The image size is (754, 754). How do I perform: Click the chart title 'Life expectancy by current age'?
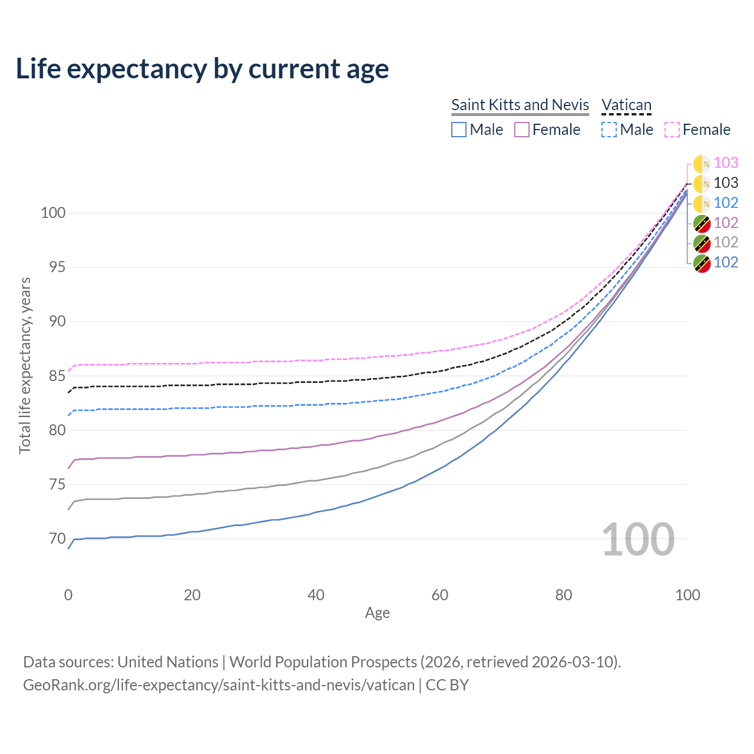pos(202,69)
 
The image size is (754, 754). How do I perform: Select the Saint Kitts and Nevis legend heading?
pos(520,105)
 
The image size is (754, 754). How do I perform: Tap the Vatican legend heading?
pos(626,105)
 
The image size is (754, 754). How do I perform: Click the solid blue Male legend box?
pos(459,130)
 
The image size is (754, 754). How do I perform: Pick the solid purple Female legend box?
pos(522,130)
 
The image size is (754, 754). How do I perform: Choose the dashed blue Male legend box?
pos(609,130)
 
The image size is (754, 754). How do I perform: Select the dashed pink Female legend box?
pos(672,130)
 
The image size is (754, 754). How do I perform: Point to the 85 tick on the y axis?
pos(53,376)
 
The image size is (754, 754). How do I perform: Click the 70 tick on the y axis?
pos(53,538)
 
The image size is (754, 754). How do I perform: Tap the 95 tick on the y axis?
pos(53,267)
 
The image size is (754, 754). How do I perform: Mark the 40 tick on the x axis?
pos(316,595)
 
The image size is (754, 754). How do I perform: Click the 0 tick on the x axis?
pos(68,595)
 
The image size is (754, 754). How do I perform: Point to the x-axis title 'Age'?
pos(378,613)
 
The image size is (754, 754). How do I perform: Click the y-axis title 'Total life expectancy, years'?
pos(25,366)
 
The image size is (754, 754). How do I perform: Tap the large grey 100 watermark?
pos(638,540)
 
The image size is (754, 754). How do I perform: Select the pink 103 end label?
pos(726,163)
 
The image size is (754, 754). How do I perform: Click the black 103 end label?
pos(726,183)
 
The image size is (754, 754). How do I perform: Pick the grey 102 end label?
pos(726,242)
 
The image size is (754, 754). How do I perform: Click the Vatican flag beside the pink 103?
pos(702,164)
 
